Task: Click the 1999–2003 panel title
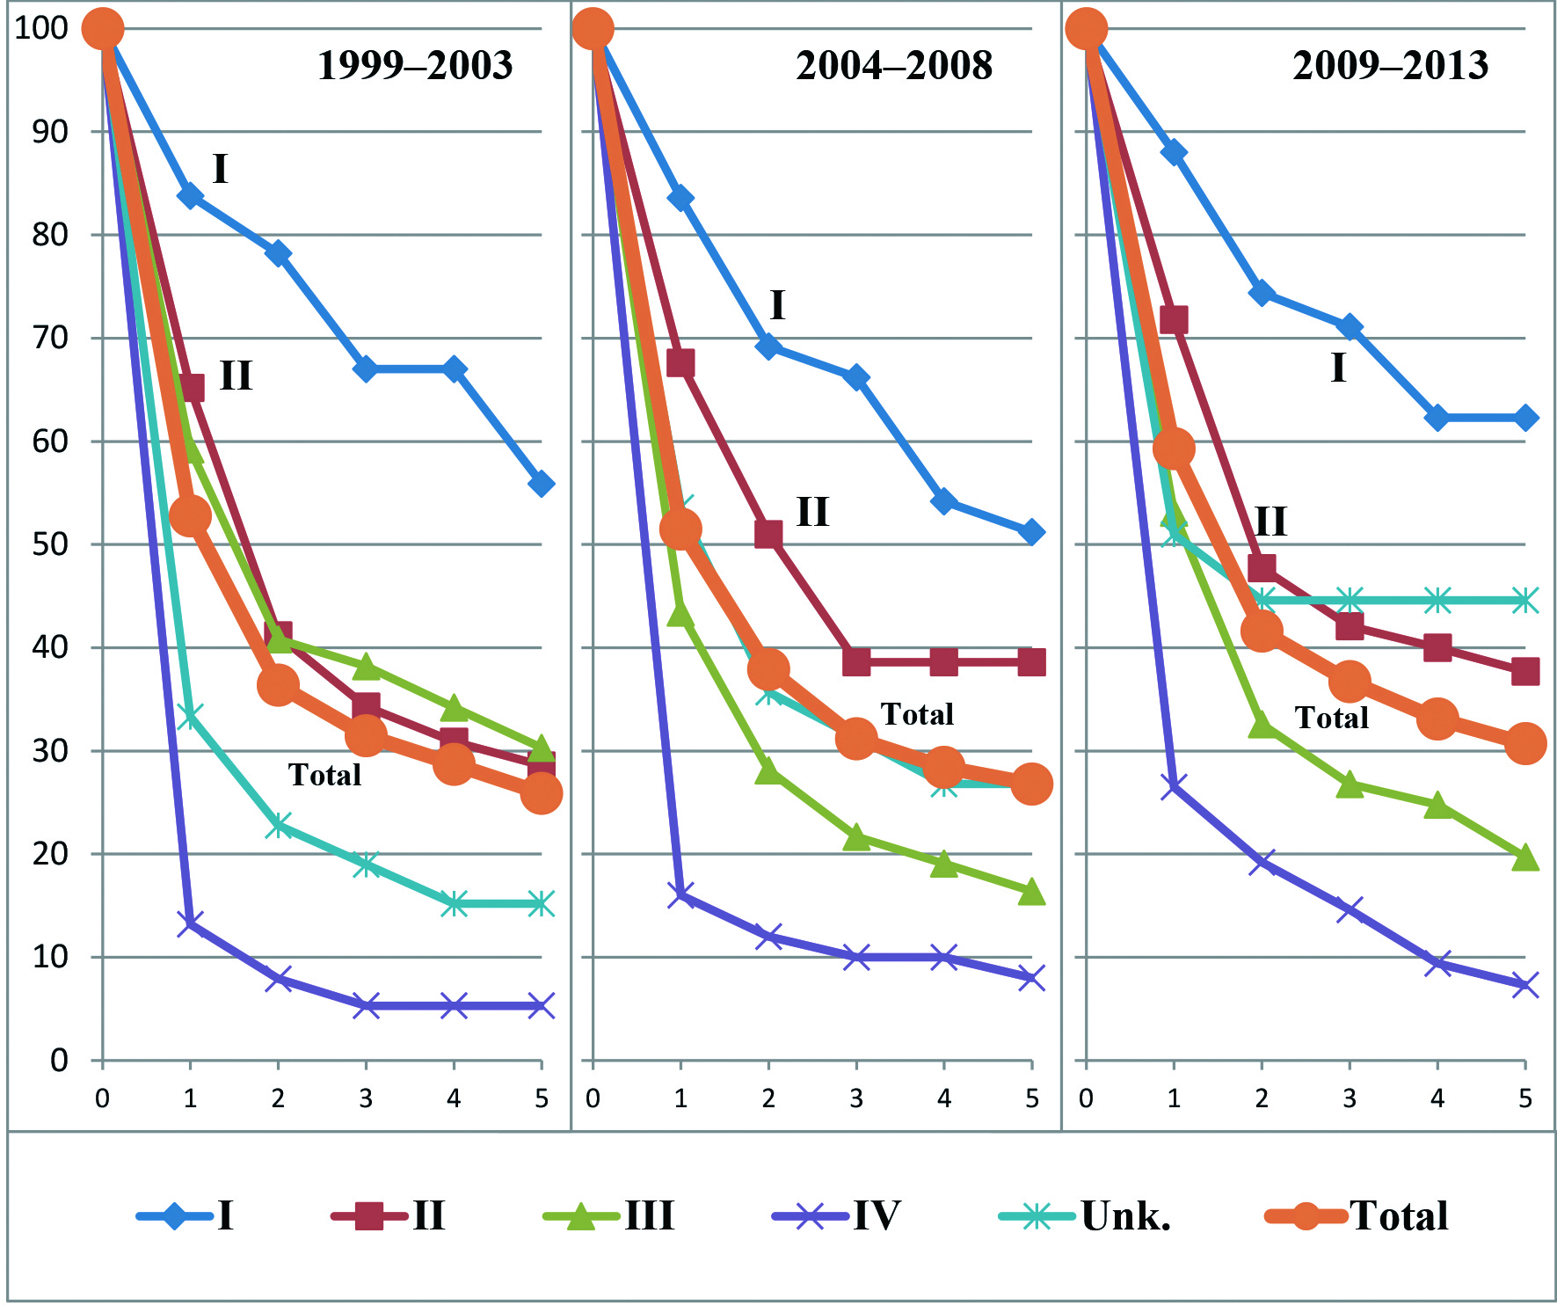[415, 65]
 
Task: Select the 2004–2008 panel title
[894, 65]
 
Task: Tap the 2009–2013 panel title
[1390, 65]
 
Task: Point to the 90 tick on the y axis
[50, 132]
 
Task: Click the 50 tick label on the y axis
[50, 544]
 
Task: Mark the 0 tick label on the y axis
[59, 1061]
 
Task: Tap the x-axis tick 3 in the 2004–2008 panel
[856, 1098]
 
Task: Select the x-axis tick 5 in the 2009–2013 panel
[1525, 1098]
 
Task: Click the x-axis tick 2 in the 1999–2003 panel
[278, 1098]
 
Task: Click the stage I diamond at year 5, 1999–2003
[542, 484]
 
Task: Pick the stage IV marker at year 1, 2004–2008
[680, 895]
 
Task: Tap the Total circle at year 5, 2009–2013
[1525, 744]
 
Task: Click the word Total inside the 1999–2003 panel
[324, 775]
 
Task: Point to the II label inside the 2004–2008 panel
[812, 512]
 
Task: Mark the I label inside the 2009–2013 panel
[1338, 368]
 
